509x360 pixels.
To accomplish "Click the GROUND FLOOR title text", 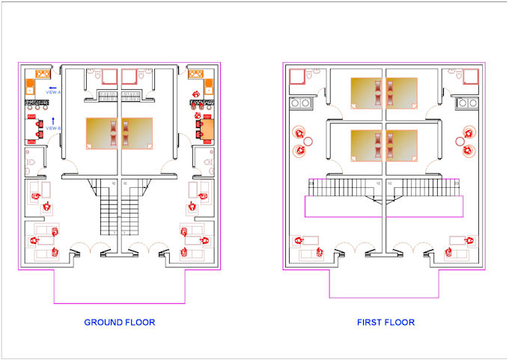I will click(x=120, y=323).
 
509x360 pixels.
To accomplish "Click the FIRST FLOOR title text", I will click(x=385, y=323).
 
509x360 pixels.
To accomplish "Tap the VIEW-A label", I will click(x=54, y=92).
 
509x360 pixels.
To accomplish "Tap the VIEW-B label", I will click(x=53, y=129).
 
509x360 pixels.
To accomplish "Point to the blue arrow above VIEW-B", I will click(x=53, y=120).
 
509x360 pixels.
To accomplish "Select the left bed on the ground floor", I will click(x=103, y=134).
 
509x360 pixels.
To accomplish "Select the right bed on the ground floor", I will click(x=137, y=134).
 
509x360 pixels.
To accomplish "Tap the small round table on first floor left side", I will click(x=308, y=141).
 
